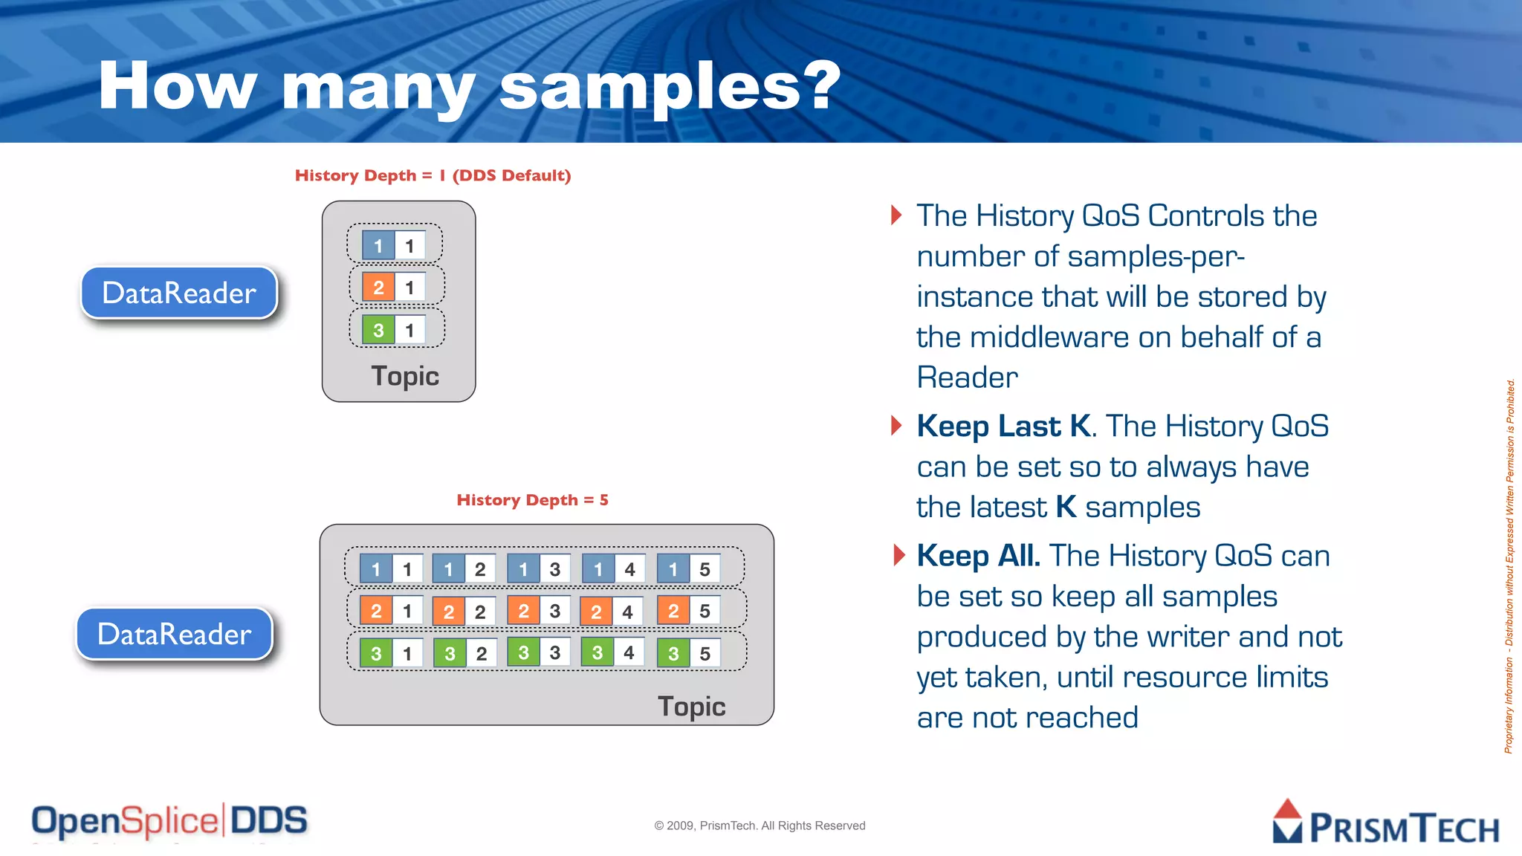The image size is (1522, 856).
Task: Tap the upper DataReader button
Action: click(179, 293)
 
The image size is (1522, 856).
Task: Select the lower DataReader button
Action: click(175, 634)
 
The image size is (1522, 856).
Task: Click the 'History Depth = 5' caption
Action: click(532, 500)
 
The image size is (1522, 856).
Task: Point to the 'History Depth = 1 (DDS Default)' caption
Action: click(433, 175)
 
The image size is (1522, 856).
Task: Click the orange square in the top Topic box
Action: click(378, 288)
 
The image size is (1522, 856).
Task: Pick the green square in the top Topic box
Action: click(378, 330)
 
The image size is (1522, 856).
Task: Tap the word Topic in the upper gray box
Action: click(405, 376)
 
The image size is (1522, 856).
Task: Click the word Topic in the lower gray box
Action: click(691, 707)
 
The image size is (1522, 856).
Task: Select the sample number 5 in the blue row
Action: click(705, 570)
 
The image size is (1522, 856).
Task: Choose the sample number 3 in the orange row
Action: click(554, 612)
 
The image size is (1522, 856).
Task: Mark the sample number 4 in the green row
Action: click(629, 653)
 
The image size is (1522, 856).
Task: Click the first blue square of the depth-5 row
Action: click(376, 570)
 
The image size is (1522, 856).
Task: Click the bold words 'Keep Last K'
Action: click(1003, 427)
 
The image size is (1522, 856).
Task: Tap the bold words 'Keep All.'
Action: click(977, 556)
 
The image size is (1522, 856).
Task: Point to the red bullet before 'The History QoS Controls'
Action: click(896, 215)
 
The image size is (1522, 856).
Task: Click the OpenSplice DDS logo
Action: click(169, 822)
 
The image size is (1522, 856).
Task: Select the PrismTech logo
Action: click(1385, 823)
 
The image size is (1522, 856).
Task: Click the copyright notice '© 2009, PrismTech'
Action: click(760, 826)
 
